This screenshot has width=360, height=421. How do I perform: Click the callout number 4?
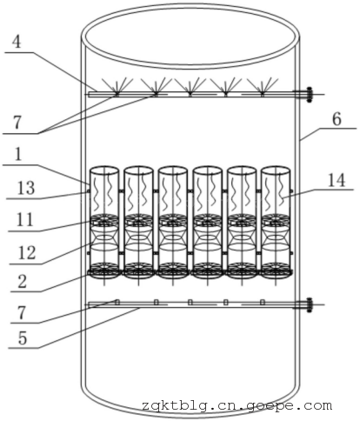(x=17, y=43)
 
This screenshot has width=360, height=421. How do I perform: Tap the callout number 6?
(x=337, y=119)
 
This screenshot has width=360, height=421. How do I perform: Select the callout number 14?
(x=337, y=180)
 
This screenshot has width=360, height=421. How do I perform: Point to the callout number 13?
(x=26, y=188)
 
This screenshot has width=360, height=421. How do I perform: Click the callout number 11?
(x=25, y=220)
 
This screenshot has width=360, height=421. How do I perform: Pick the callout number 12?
(x=27, y=252)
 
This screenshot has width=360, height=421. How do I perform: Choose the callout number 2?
(x=22, y=282)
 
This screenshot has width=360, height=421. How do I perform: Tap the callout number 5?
(x=23, y=338)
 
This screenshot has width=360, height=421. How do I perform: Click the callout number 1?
(x=18, y=154)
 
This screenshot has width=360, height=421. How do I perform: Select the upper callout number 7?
(x=17, y=123)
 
